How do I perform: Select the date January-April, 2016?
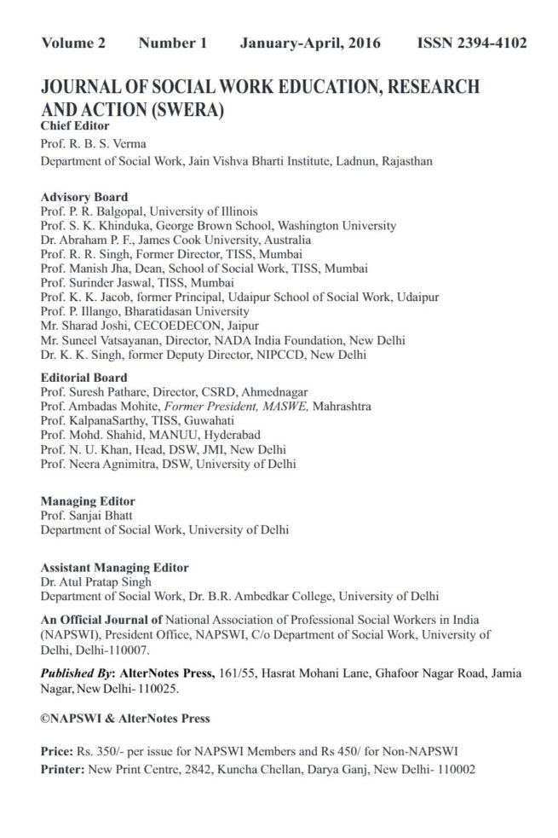310,43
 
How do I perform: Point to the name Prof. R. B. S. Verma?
92,143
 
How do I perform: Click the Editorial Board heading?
84,377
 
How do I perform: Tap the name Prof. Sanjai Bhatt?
86,516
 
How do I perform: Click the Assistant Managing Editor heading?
115,567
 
